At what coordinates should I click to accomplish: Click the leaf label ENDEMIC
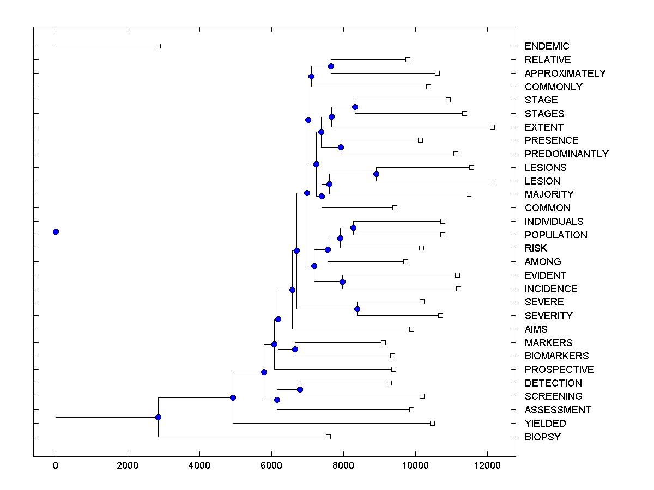click(x=547, y=46)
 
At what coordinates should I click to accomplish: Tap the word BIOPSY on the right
click(x=542, y=437)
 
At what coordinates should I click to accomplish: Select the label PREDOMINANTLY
click(x=566, y=154)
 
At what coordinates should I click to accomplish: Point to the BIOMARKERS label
click(x=556, y=356)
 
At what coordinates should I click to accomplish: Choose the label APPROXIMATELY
click(x=565, y=73)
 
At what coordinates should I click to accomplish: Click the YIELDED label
click(x=545, y=424)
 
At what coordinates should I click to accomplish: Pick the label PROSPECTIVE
click(x=559, y=370)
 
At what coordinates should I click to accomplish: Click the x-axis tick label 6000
click(x=271, y=465)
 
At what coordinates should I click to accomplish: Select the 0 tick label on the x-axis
click(x=56, y=465)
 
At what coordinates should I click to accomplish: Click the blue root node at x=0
click(x=56, y=231)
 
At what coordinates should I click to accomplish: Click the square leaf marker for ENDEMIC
click(x=158, y=46)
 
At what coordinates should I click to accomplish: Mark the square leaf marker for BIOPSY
click(x=328, y=437)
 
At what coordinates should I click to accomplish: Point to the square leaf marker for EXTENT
click(x=492, y=127)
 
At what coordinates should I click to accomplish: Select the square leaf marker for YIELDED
click(x=432, y=423)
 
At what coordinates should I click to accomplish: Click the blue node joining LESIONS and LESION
click(x=376, y=174)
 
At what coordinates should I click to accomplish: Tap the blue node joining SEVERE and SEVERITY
click(x=357, y=309)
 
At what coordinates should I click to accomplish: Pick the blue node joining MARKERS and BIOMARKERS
click(x=295, y=349)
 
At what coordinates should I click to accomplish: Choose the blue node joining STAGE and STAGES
click(x=355, y=107)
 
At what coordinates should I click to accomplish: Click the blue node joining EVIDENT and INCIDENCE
click(x=342, y=281)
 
